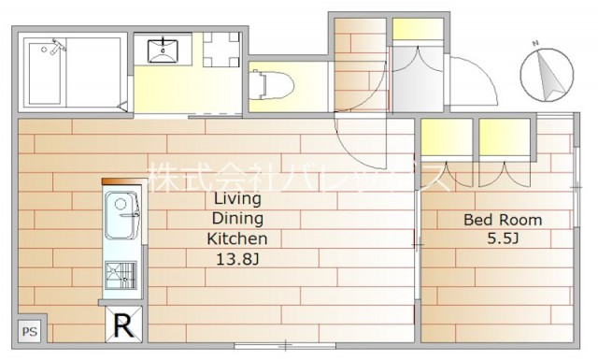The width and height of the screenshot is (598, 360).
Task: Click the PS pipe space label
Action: (x=29, y=331)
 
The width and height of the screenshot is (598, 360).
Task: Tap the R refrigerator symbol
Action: (x=124, y=324)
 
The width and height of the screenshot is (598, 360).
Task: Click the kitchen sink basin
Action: (x=121, y=215)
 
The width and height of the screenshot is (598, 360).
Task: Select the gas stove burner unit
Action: (x=121, y=275)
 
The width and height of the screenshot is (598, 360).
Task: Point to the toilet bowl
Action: (x=271, y=85)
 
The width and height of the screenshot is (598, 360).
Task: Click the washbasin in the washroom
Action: (x=163, y=50)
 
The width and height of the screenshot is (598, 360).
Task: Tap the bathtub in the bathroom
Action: (x=45, y=73)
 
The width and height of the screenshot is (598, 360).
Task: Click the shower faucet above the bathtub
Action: (x=57, y=46)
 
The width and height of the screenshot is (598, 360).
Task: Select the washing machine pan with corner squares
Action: (x=221, y=50)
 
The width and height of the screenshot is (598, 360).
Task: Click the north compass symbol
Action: (x=548, y=75)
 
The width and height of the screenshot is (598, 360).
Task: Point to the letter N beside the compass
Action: (x=535, y=43)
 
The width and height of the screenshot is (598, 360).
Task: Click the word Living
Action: (x=237, y=199)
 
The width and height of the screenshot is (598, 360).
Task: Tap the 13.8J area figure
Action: (x=237, y=260)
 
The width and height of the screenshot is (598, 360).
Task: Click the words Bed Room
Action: (x=503, y=220)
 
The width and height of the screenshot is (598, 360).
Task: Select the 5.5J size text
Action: (x=503, y=238)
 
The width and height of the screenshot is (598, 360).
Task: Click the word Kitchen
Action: (x=236, y=239)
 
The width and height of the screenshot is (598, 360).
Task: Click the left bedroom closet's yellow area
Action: (x=447, y=137)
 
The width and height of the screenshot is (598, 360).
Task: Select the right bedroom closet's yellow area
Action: (x=505, y=137)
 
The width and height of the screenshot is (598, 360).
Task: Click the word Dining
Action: (x=237, y=219)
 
